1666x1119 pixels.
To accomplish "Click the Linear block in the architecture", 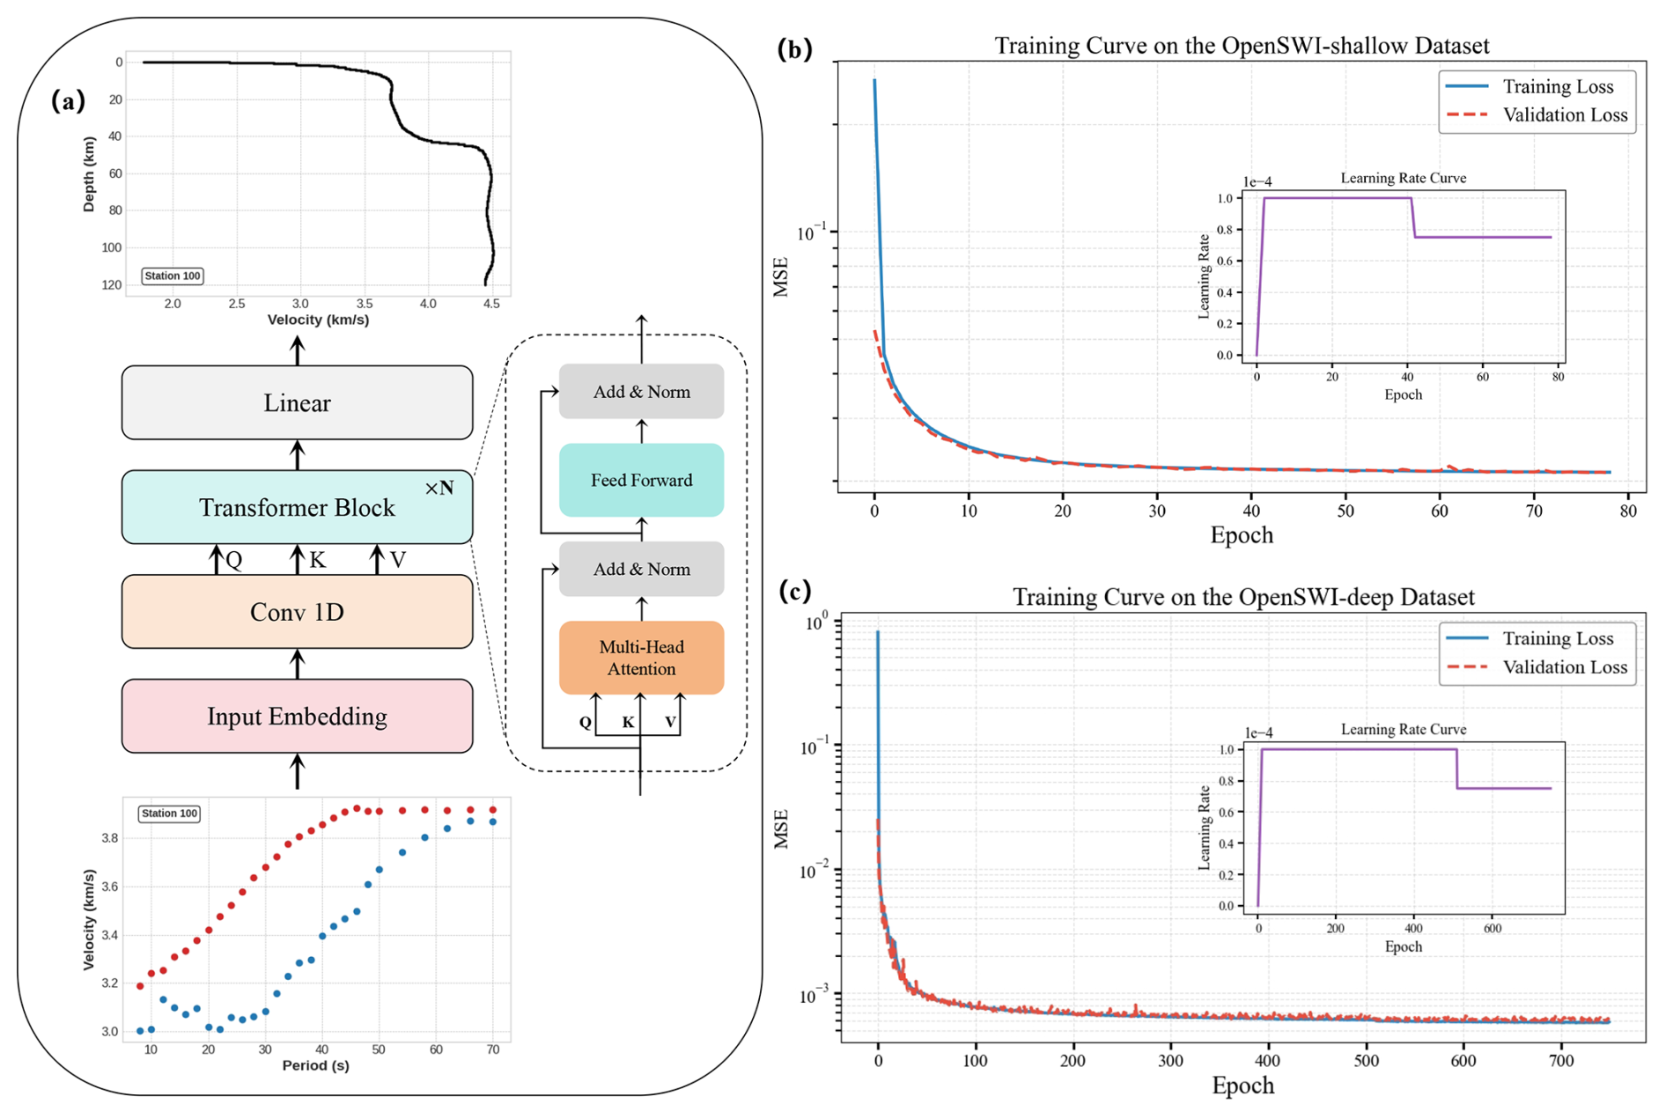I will point(297,403).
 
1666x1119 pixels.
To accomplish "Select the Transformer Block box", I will point(297,508).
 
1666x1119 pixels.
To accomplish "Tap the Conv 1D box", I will point(297,612).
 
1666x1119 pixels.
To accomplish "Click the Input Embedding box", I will point(297,717).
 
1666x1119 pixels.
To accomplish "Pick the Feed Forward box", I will point(641,480).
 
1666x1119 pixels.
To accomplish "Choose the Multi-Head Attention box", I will point(641,658).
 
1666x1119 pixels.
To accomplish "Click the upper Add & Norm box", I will point(641,392).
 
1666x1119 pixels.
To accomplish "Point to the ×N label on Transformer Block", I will point(439,489).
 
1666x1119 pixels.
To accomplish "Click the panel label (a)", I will point(69,101).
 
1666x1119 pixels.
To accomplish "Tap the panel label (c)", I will point(794,591).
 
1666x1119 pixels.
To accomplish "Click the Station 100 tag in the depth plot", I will point(173,276).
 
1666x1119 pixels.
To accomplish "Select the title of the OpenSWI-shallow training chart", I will point(1242,46).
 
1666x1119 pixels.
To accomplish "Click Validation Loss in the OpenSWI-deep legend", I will point(1565,667).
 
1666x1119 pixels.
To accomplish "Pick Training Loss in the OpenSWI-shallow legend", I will point(1558,86).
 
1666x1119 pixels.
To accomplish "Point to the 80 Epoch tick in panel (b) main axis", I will point(1628,512).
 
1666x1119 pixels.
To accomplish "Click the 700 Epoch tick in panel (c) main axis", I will point(1561,1061).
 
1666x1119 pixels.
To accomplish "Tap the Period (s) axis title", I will point(315,1066).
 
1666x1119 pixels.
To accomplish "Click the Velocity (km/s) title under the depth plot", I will point(318,320).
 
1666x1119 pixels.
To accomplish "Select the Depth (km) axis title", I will point(89,173).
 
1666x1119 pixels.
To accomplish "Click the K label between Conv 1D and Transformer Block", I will point(318,561).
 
